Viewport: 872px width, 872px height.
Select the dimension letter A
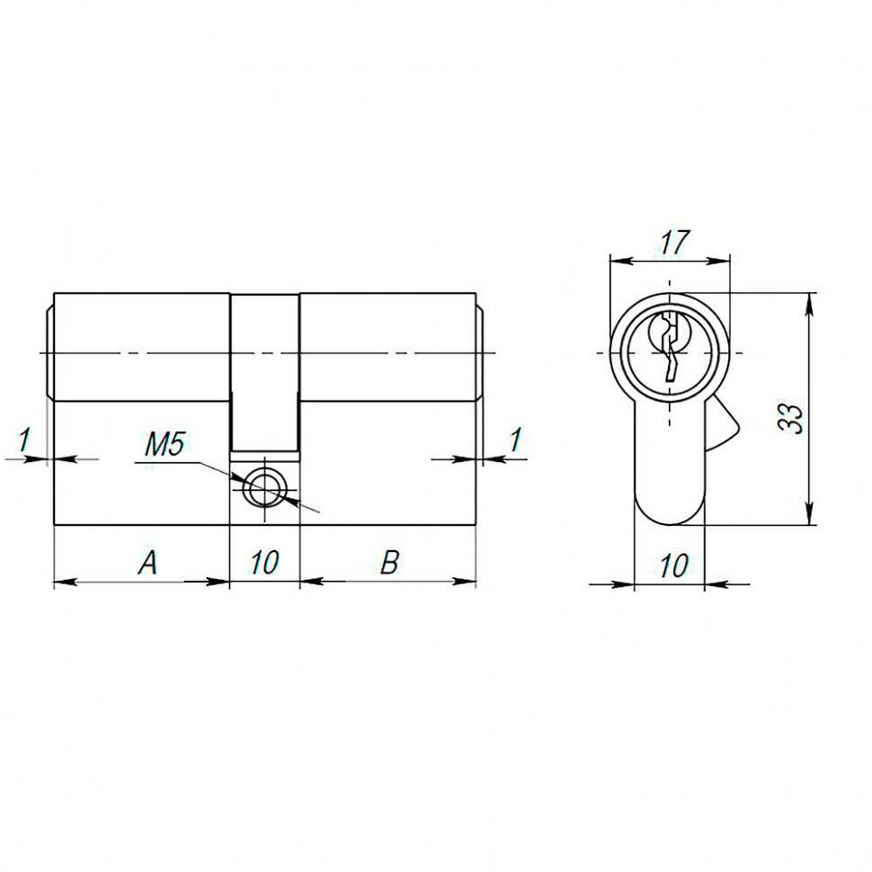pyautogui.click(x=147, y=564)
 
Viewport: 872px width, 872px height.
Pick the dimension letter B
pyautogui.click(x=388, y=564)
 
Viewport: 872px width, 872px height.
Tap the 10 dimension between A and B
pyautogui.click(x=264, y=564)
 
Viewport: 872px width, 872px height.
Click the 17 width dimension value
pyautogui.click(x=673, y=242)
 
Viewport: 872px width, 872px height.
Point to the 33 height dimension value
pyautogui.click(x=791, y=419)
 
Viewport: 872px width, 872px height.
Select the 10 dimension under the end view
pyautogui.click(x=673, y=565)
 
